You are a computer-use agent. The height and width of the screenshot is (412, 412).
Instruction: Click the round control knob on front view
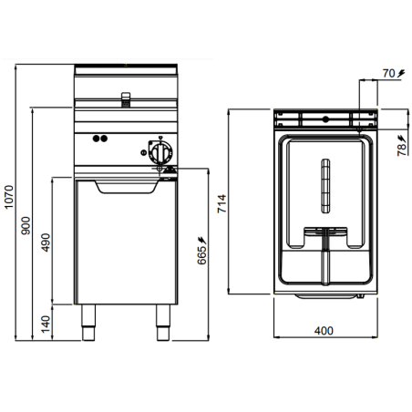pos(159,151)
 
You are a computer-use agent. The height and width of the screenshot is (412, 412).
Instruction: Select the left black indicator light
pos(96,139)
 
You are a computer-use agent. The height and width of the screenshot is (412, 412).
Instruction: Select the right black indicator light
pos(104,139)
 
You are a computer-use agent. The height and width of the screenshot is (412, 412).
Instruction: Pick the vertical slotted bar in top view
pos(324,186)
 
